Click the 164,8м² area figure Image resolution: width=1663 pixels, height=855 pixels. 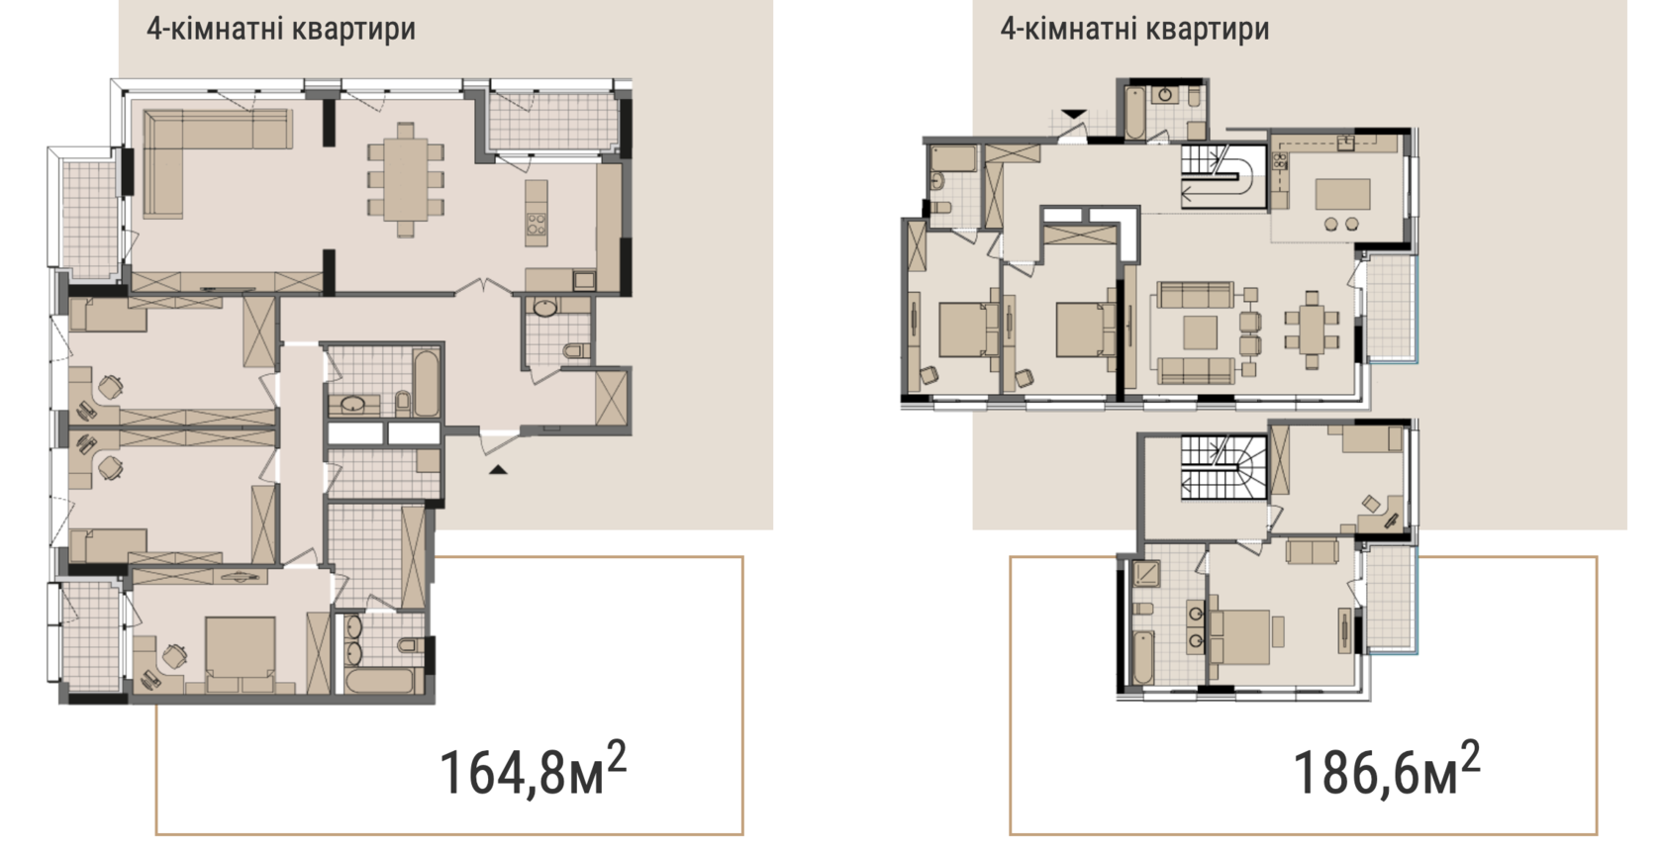point(533,769)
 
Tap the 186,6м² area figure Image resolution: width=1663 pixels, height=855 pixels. point(1386,769)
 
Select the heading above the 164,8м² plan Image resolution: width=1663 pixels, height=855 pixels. point(281,30)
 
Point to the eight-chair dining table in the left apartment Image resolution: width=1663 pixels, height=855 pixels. point(406,180)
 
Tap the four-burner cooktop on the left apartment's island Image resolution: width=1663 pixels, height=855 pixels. point(537,224)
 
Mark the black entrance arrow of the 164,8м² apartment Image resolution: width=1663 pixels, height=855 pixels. point(497,469)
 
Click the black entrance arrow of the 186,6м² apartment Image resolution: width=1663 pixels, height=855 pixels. point(1073,114)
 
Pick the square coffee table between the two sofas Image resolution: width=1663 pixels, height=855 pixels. point(1200,332)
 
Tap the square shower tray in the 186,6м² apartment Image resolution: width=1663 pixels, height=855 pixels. point(1146,574)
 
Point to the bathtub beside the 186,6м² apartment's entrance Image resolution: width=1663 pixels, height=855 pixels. point(1135,113)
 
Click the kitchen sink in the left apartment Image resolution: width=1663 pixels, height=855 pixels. point(584,280)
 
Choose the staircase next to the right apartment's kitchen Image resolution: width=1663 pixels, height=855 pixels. point(1223,176)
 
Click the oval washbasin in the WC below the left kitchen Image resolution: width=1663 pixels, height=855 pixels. point(549,307)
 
